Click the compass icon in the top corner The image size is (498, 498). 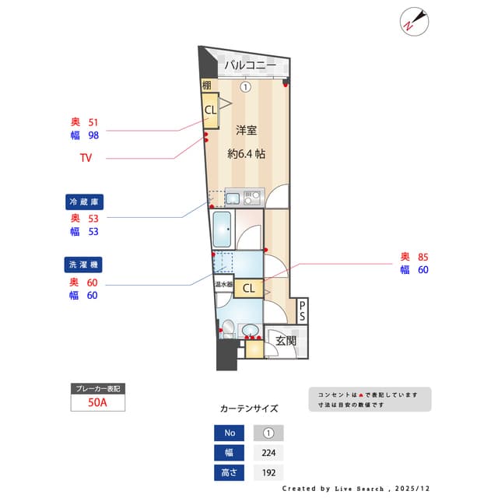pyautogui.click(x=412, y=21)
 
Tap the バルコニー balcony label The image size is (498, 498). pyautogui.click(x=250, y=65)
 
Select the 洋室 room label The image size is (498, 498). pyautogui.click(x=247, y=130)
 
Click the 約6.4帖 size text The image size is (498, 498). pyautogui.click(x=247, y=154)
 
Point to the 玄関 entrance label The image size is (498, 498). pyautogui.click(x=285, y=340)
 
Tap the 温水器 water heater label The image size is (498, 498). pyautogui.click(x=224, y=285)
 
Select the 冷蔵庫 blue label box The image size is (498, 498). pyautogui.click(x=85, y=202)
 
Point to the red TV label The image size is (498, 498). pyautogui.click(x=86, y=158)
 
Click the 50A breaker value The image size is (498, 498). pyautogui.click(x=98, y=403)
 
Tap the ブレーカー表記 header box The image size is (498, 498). pyautogui.click(x=98, y=388)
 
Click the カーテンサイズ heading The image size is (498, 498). pyautogui.click(x=248, y=408)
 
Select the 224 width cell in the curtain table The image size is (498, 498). pyautogui.click(x=268, y=453)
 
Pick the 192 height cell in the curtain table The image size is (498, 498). pyautogui.click(x=268, y=472)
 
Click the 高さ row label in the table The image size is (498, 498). pyautogui.click(x=229, y=472)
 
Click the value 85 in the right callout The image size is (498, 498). pyautogui.click(x=423, y=257)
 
